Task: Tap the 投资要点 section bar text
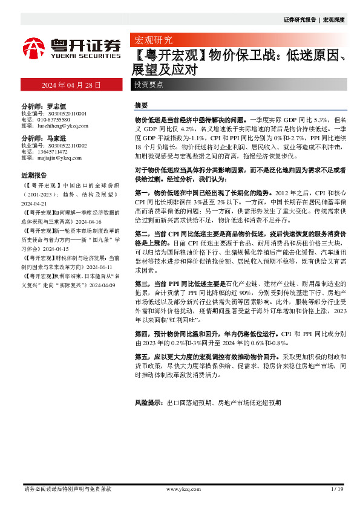148,85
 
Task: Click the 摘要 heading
141,105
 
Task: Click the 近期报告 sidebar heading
34,175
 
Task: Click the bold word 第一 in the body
141,191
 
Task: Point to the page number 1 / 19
338,488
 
